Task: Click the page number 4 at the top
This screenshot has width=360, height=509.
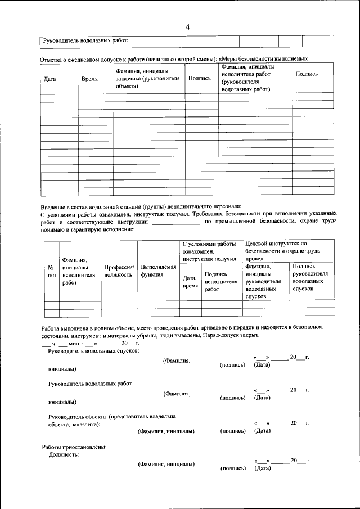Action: [188, 26]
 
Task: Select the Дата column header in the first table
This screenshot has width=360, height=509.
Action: [49, 79]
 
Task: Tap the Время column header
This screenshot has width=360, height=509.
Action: [89, 79]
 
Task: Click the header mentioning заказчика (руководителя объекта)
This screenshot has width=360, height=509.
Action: [147, 79]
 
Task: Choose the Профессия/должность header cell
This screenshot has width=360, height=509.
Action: [119, 271]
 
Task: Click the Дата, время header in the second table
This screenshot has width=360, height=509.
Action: [190, 282]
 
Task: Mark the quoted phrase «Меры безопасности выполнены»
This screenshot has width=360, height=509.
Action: [263, 59]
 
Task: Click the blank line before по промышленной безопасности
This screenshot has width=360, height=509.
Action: [176, 222]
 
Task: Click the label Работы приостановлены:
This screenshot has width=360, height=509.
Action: [74, 447]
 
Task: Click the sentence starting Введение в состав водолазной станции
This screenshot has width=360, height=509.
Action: [141, 206]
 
